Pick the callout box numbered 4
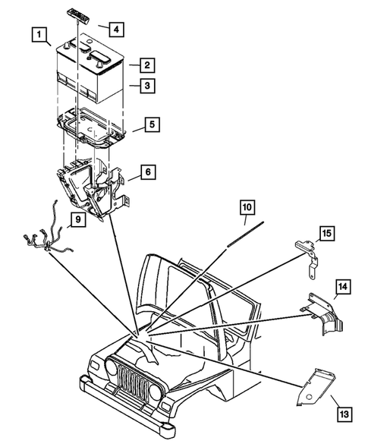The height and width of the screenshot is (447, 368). pyautogui.click(x=115, y=30)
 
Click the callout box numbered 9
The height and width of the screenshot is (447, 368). pyautogui.click(x=75, y=221)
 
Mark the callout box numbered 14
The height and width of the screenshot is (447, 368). pyautogui.click(x=343, y=287)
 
